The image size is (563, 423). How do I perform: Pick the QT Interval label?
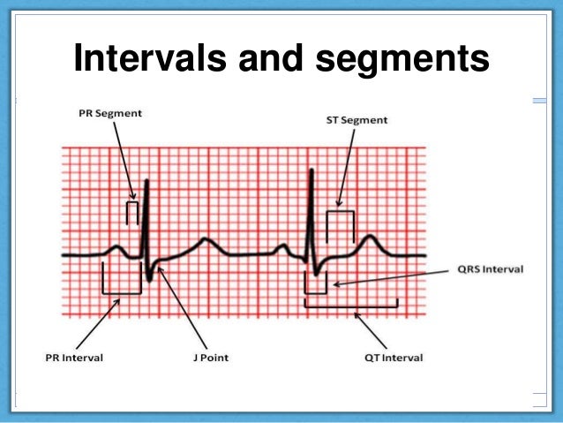(393, 358)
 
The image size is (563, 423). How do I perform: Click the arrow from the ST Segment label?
(348, 168)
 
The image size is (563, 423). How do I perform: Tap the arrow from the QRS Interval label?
(379, 278)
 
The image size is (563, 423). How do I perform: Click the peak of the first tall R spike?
(146, 182)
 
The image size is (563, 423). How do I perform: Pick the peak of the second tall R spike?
(311, 170)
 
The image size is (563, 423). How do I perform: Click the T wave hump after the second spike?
(370, 237)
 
